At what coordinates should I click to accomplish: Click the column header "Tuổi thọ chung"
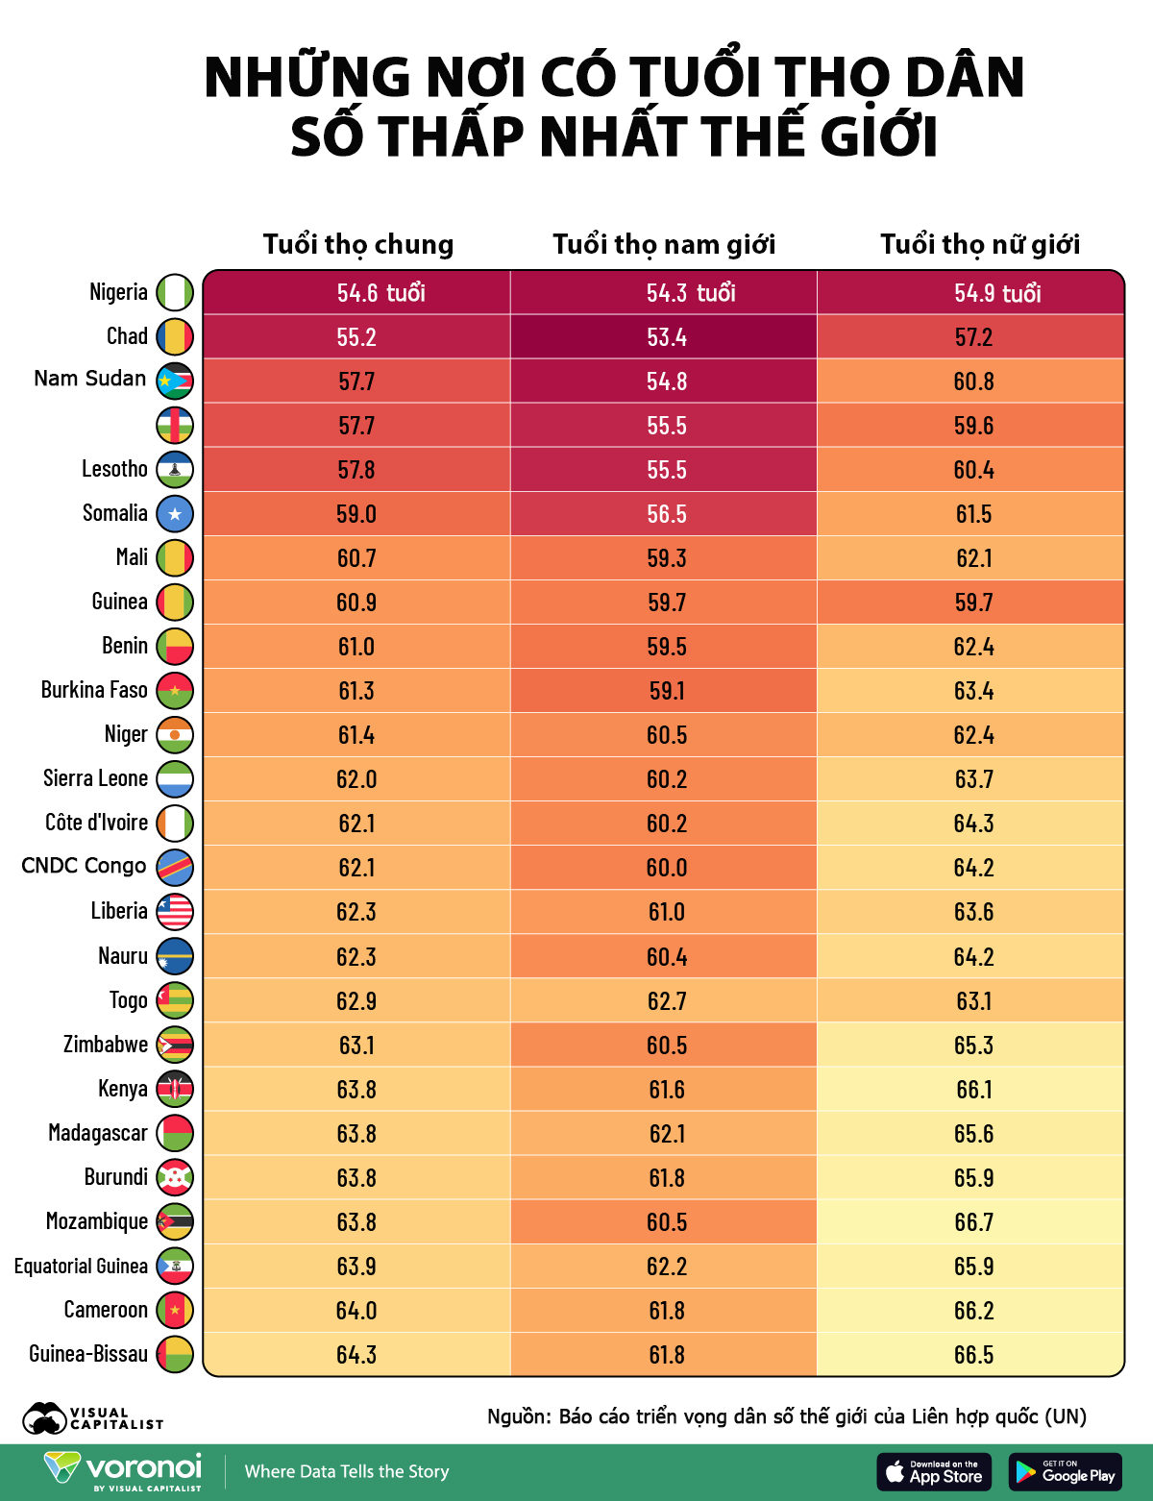tap(358, 245)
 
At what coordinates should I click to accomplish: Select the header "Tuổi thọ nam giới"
tap(664, 245)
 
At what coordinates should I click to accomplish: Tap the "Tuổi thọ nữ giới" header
tap(980, 245)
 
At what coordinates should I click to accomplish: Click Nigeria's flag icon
tap(175, 293)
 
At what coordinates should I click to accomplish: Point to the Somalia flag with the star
tap(175, 514)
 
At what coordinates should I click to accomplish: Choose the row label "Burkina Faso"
tap(94, 690)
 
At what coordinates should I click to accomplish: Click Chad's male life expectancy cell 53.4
tap(666, 337)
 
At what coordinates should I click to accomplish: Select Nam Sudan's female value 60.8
tap(973, 381)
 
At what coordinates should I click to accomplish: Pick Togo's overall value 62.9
tap(356, 1001)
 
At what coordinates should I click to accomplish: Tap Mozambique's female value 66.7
tap(973, 1222)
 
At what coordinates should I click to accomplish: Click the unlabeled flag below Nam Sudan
tap(175, 425)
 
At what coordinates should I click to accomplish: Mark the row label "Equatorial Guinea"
tap(81, 1267)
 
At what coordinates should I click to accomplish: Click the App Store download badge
tap(935, 1472)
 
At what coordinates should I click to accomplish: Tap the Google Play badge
tap(1065, 1472)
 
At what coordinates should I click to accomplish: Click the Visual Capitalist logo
tap(92, 1418)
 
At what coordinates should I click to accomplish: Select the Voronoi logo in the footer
tap(123, 1470)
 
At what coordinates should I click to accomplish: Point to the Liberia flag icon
tap(175, 912)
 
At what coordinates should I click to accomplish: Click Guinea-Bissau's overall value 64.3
tap(356, 1355)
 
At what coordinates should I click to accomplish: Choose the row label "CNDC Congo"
tap(84, 867)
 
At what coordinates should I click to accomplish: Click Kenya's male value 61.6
tap(666, 1090)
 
